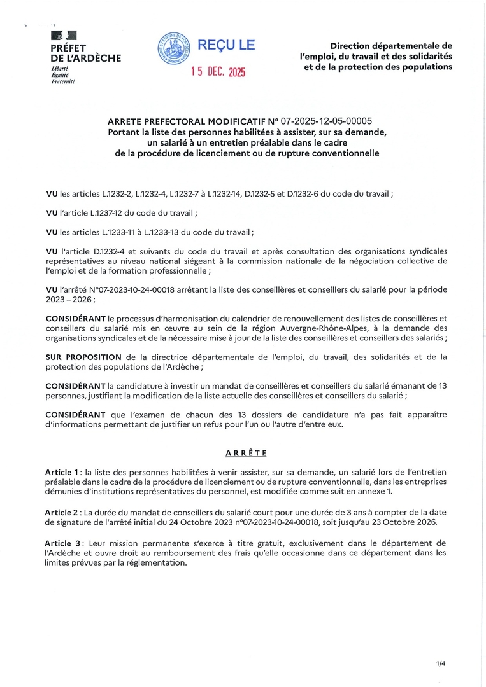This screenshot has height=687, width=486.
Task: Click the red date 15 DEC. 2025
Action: click(218, 72)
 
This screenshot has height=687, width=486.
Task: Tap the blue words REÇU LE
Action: click(226, 45)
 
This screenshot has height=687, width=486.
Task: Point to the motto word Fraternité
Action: click(63, 82)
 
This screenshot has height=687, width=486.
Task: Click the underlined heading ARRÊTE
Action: click(246, 453)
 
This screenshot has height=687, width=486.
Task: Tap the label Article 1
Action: click(62, 472)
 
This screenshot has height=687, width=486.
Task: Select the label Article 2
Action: click(62, 512)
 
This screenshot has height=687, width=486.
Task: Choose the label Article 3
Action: click(62, 543)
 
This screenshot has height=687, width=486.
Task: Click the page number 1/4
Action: click(440, 664)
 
